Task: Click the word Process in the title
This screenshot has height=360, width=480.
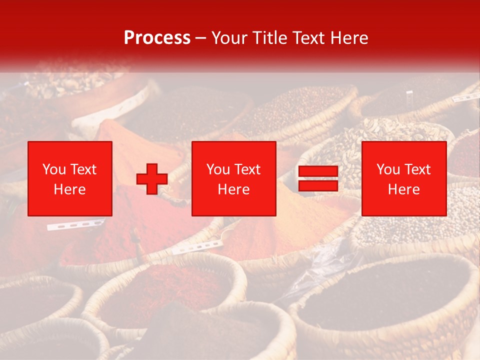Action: pyautogui.click(x=157, y=38)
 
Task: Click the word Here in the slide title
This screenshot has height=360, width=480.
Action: pyautogui.click(x=348, y=38)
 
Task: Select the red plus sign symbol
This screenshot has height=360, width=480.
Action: pyautogui.click(x=152, y=179)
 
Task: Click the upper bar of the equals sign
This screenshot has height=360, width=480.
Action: pyautogui.click(x=318, y=171)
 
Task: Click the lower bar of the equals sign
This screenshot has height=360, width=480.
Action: pyautogui.click(x=318, y=185)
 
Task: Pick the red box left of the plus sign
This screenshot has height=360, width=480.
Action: pyautogui.click(x=70, y=178)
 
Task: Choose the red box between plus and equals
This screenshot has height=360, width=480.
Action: pyautogui.click(x=234, y=178)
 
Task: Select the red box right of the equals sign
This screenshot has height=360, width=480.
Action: pyautogui.click(x=404, y=178)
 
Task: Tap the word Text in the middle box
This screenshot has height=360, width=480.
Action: pyautogui.click(x=247, y=169)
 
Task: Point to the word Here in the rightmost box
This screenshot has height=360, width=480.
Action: pyautogui.click(x=404, y=189)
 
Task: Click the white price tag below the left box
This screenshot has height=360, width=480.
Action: pyautogui.click(x=75, y=224)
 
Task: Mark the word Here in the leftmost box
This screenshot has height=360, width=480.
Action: pyautogui.click(x=70, y=189)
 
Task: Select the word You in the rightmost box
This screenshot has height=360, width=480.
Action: pyautogui.click(x=388, y=169)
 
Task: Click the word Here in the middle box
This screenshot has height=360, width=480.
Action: pyautogui.click(x=234, y=189)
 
